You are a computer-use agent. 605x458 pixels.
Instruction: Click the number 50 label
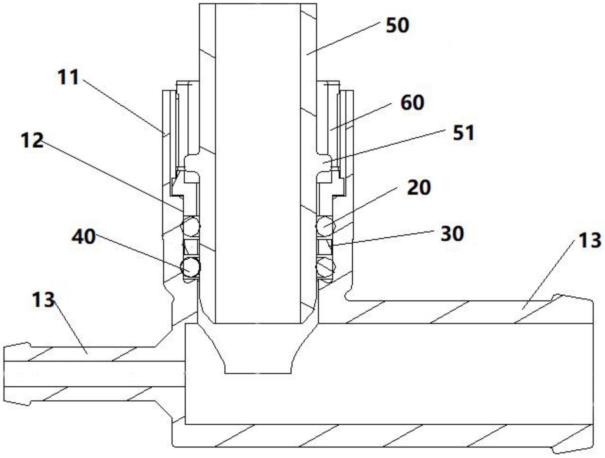coord(398,26)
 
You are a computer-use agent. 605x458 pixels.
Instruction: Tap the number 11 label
coord(68,77)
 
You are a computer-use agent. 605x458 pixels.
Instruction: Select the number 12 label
coord(32,140)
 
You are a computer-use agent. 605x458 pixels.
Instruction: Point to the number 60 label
coord(412,103)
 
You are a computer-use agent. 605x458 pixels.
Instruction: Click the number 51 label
coord(463,133)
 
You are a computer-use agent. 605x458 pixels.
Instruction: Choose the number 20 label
coord(419,188)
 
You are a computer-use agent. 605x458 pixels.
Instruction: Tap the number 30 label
coord(452,234)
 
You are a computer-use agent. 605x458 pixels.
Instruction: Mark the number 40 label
coord(84,237)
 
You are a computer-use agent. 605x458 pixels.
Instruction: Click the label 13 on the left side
coord(43,300)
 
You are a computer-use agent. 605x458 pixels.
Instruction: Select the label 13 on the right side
coord(589,240)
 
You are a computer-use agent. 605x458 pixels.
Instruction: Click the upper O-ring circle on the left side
coord(191,226)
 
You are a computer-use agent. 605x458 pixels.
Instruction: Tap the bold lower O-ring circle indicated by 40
coord(191,267)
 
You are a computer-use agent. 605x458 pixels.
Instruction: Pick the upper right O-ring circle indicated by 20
coord(325,226)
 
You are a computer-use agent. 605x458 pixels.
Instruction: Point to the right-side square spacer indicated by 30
coord(325,247)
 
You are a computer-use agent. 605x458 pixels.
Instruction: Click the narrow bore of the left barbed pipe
coord(94,374)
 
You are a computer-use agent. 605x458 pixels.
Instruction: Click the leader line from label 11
coord(123,106)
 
